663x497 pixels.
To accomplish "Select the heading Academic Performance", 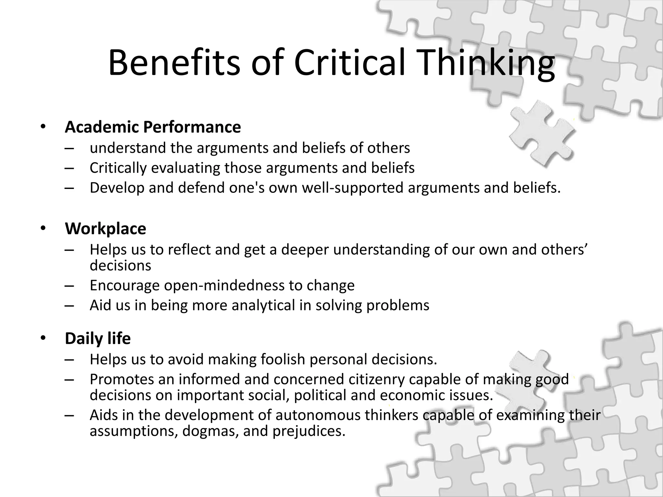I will (x=153, y=127).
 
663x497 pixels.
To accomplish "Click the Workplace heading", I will (x=106, y=228).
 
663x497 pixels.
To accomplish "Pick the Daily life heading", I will (x=98, y=338).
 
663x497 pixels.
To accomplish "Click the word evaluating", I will (x=185, y=168).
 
